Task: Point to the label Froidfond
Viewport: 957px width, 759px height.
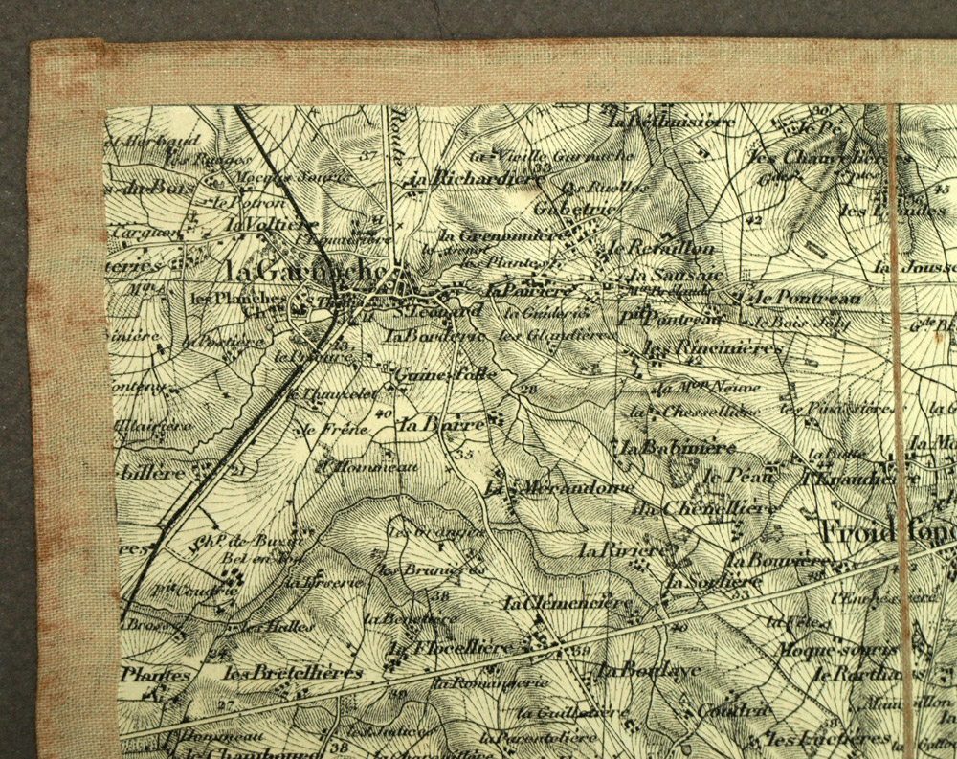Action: tap(885, 531)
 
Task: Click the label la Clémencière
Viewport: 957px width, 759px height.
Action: tap(568, 604)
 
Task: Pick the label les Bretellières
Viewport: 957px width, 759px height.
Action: tap(292, 673)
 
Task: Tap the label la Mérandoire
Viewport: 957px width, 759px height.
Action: tap(559, 488)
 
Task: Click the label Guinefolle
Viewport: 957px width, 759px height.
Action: tap(445, 373)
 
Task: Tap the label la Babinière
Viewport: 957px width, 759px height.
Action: tap(678, 448)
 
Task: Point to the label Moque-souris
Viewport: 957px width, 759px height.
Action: tap(827, 650)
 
